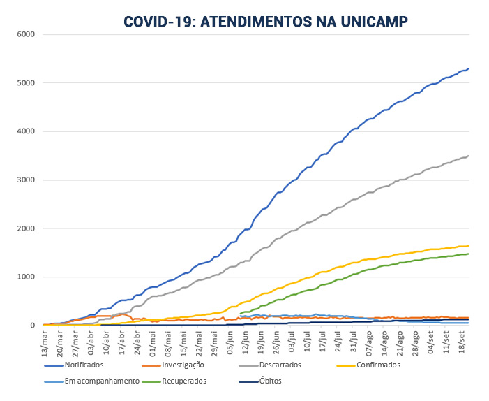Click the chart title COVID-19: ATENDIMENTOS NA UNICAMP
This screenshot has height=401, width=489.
pyautogui.click(x=266, y=22)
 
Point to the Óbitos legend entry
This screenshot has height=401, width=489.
pyautogui.click(x=269, y=381)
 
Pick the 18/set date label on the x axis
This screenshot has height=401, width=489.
pyautogui.click(x=462, y=341)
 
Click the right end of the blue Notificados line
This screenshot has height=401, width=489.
pyautogui.click(x=468, y=68)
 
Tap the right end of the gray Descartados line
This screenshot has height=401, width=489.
pyautogui.click(x=468, y=156)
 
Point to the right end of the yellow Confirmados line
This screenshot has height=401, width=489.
pyautogui.click(x=468, y=245)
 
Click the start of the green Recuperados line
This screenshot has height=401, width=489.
pyautogui.click(x=240, y=314)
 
